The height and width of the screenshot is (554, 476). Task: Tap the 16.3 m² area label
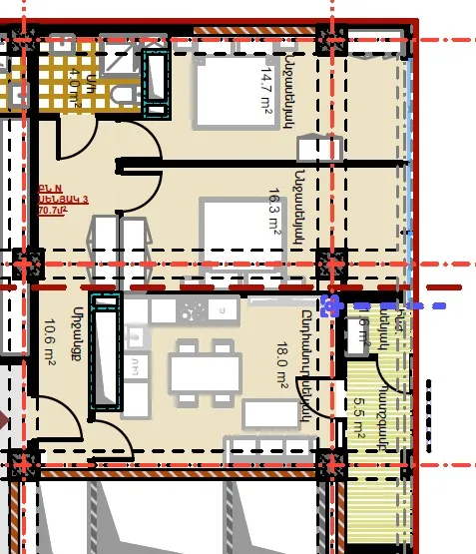(274, 211)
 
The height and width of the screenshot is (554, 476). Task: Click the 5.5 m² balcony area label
(360, 417)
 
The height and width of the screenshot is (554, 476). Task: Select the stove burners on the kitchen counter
(190, 310)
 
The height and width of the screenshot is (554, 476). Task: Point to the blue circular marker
(331, 304)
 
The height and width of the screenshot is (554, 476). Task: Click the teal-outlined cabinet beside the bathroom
(158, 79)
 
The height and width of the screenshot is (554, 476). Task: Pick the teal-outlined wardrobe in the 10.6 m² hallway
(105, 354)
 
